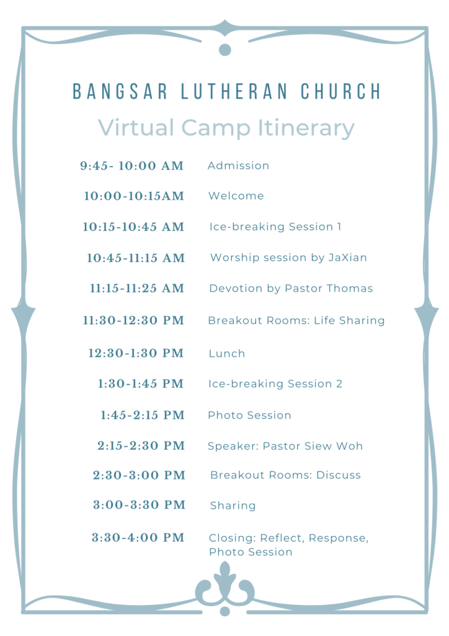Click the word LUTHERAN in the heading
click(x=234, y=91)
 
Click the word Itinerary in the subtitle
click(x=306, y=129)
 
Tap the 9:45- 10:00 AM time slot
click(x=131, y=166)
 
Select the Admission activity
click(x=239, y=165)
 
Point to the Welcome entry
click(x=236, y=196)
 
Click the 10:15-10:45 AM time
click(x=133, y=227)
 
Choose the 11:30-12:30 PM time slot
click(x=133, y=320)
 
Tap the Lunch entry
click(x=227, y=353)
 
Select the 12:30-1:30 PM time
click(x=136, y=353)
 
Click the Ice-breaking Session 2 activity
click(x=275, y=384)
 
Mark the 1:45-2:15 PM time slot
click(x=143, y=416)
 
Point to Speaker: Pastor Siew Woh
click(x=285, y=446)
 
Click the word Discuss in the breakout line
click(x=339, y=475)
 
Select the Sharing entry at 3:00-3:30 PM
click(x=233, y=506)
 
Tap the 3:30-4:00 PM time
click(x=138, y=538)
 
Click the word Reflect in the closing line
click(x=283, y=538)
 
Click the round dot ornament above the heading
click(x=225, y=50)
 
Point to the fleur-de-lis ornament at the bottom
click(x=225, y=587)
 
